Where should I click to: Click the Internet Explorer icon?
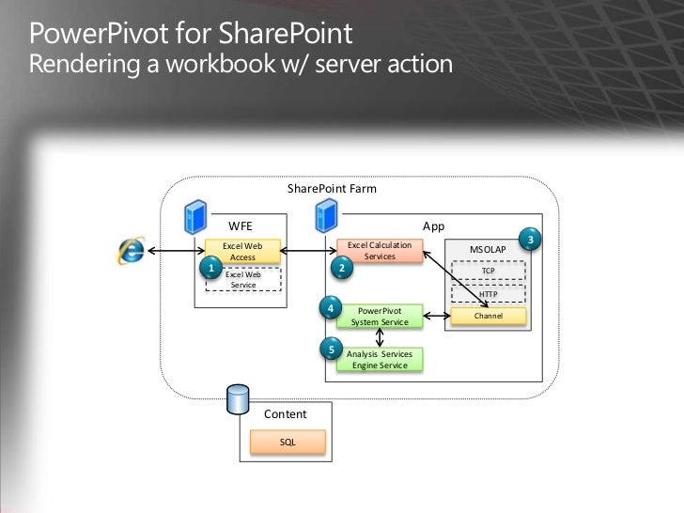[132, 249]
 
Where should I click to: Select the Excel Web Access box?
[242, 251]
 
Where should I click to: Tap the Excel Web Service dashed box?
[243, 279]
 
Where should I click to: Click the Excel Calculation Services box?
[380, 250]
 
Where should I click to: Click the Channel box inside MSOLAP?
[489, 316]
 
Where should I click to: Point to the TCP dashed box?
[489, 271]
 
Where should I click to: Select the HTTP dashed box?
[489, 293]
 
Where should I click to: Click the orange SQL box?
[288, 442]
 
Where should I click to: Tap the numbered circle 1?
[211, 268]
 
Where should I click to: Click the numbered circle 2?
[342, 268]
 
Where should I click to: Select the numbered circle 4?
[331, 307]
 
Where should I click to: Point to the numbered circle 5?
[331, 350]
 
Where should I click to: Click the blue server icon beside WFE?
[195, 217]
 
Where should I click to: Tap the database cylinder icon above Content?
[239, 399]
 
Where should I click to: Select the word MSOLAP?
[489, 249]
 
